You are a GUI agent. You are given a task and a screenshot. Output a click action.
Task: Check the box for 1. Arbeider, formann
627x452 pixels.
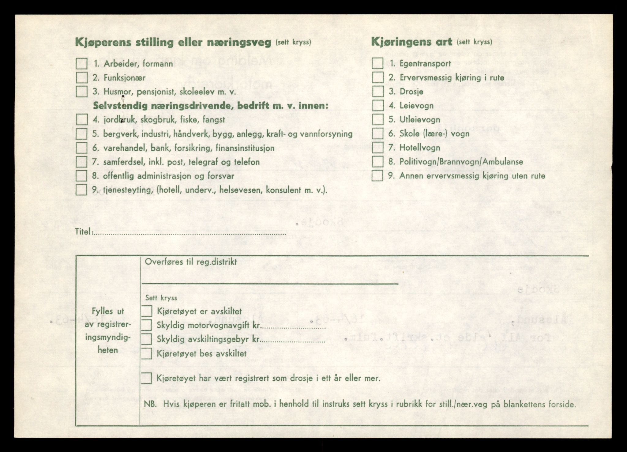82,64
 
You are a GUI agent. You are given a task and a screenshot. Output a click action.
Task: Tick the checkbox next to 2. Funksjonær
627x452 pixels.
82,78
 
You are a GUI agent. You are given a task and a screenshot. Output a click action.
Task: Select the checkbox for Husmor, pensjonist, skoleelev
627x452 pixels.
82,92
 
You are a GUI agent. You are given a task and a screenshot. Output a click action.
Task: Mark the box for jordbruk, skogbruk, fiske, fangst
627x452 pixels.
82,119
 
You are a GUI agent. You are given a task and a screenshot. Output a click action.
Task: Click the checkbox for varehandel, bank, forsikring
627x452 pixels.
82,148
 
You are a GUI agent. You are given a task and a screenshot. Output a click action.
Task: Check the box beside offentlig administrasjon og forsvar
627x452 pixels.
82,176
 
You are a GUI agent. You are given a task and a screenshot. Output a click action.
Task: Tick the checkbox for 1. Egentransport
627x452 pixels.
378,64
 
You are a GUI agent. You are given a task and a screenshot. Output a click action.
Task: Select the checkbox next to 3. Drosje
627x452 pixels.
378,92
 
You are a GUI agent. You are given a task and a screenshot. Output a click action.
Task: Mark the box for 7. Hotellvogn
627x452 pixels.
378,148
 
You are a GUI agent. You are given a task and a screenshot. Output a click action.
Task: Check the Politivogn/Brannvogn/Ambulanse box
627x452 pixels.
378,162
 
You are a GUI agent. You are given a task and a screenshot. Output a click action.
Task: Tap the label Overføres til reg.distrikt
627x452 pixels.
191,262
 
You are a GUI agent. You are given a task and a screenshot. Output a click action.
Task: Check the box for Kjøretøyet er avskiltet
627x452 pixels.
147,311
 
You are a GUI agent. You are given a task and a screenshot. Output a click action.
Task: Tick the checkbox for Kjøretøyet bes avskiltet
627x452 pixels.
147,354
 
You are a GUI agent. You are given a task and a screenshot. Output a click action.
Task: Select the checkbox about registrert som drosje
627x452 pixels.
147,378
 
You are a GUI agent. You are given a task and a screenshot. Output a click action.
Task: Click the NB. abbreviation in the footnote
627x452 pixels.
150,404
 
